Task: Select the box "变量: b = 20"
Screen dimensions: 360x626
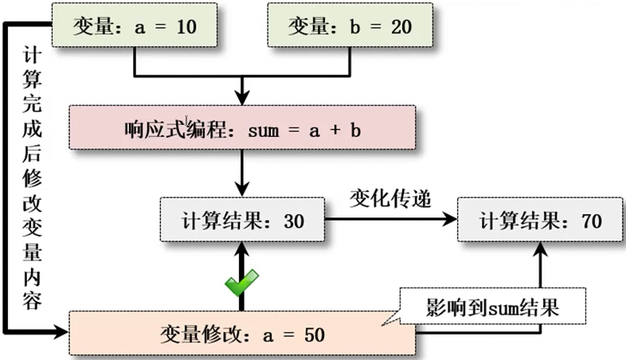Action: [x=350, y=25]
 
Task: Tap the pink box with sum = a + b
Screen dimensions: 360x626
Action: [x=242, y=128]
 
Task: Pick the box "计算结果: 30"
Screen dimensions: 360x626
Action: [x=242, y=220]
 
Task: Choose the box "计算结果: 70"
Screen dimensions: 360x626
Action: [x=539, y=220]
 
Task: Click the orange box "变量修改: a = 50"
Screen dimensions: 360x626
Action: [x=242, y=334]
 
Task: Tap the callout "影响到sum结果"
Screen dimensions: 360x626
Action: [x=494, y=306]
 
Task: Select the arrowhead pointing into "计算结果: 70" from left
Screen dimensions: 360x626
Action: [x=451, y=220]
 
